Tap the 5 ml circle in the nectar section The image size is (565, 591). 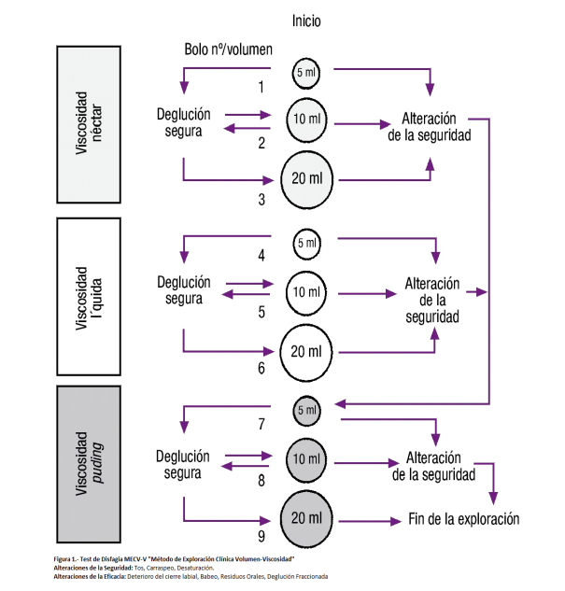point(306,71)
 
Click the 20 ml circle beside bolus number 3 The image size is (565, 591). point(308,177)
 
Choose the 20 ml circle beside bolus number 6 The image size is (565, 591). point(307,350)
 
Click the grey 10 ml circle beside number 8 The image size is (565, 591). point(307,458)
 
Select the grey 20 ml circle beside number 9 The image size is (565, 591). point(307,518)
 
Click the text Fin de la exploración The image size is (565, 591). point(463,519)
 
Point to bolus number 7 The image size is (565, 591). point(261,423)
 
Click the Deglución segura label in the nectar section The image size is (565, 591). point(182,122)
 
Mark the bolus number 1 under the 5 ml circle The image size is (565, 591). point(261,87)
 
